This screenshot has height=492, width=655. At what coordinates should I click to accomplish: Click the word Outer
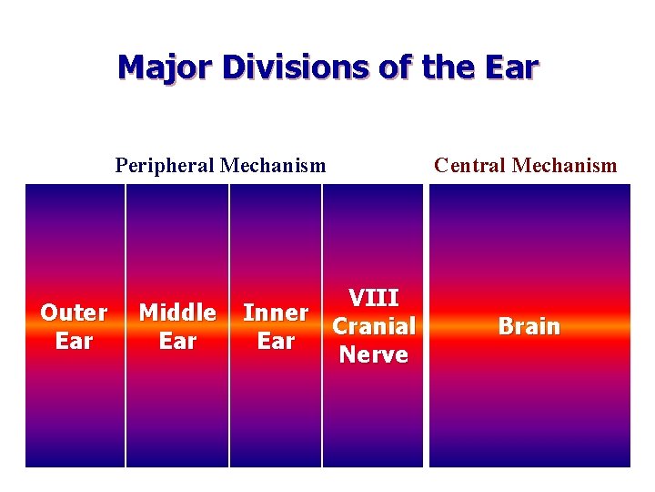tap(74, 313)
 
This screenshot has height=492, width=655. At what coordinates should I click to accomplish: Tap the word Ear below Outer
tap(74, 341)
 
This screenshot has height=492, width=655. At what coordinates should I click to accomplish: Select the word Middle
tap(177, 313)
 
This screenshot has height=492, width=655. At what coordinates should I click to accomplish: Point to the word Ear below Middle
tap(177, 341)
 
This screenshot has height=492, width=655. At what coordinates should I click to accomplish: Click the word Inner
tap(276, 313)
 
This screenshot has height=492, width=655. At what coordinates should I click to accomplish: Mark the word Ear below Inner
tap(276, 341)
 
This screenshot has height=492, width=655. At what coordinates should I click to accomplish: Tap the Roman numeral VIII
tap(373, 298)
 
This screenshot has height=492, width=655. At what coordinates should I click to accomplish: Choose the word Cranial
tap(373, 326)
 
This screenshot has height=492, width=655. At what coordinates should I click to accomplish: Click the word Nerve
tap(373, 354)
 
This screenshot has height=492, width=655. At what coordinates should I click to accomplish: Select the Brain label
tap(529, 326)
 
